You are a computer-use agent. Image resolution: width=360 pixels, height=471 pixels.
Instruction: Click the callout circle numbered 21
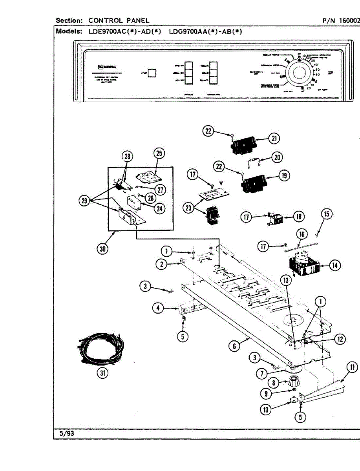(273, 138)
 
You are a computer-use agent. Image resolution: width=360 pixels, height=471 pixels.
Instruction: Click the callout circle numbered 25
(159, 153)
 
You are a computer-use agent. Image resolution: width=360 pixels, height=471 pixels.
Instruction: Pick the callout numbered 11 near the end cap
(352, 367)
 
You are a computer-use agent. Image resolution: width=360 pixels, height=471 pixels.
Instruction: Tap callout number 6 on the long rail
(234, 346)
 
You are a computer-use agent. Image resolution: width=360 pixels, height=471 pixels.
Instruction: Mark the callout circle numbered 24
(159, 209)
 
